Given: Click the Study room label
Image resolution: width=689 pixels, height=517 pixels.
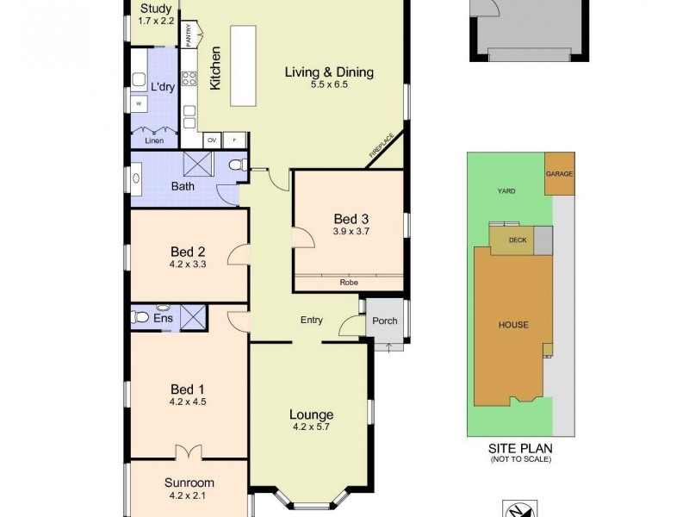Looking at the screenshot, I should click(156, 9).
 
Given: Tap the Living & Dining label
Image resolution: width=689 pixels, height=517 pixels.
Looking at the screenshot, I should click(329, 72).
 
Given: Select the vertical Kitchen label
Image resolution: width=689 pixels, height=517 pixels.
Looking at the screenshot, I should click(216, 68).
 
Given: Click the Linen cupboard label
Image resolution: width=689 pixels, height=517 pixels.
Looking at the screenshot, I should click(154, 140).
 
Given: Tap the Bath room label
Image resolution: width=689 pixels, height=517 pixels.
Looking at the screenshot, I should click(183, 186).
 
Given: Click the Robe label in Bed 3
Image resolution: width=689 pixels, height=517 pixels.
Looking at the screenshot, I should click(349, 282).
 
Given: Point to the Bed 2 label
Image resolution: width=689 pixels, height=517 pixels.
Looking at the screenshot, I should click(187, 252).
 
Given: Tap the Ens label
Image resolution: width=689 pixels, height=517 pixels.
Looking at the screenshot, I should click(164, 319).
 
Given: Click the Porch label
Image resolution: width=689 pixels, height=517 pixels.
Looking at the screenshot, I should click(385, 321).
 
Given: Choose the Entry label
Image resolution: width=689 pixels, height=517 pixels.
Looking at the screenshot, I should click(311, 321).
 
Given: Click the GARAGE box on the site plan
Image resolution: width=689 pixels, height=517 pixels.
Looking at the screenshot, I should click(559, 173).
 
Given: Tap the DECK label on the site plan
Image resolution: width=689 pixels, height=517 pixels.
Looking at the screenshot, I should click(517, 241).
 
